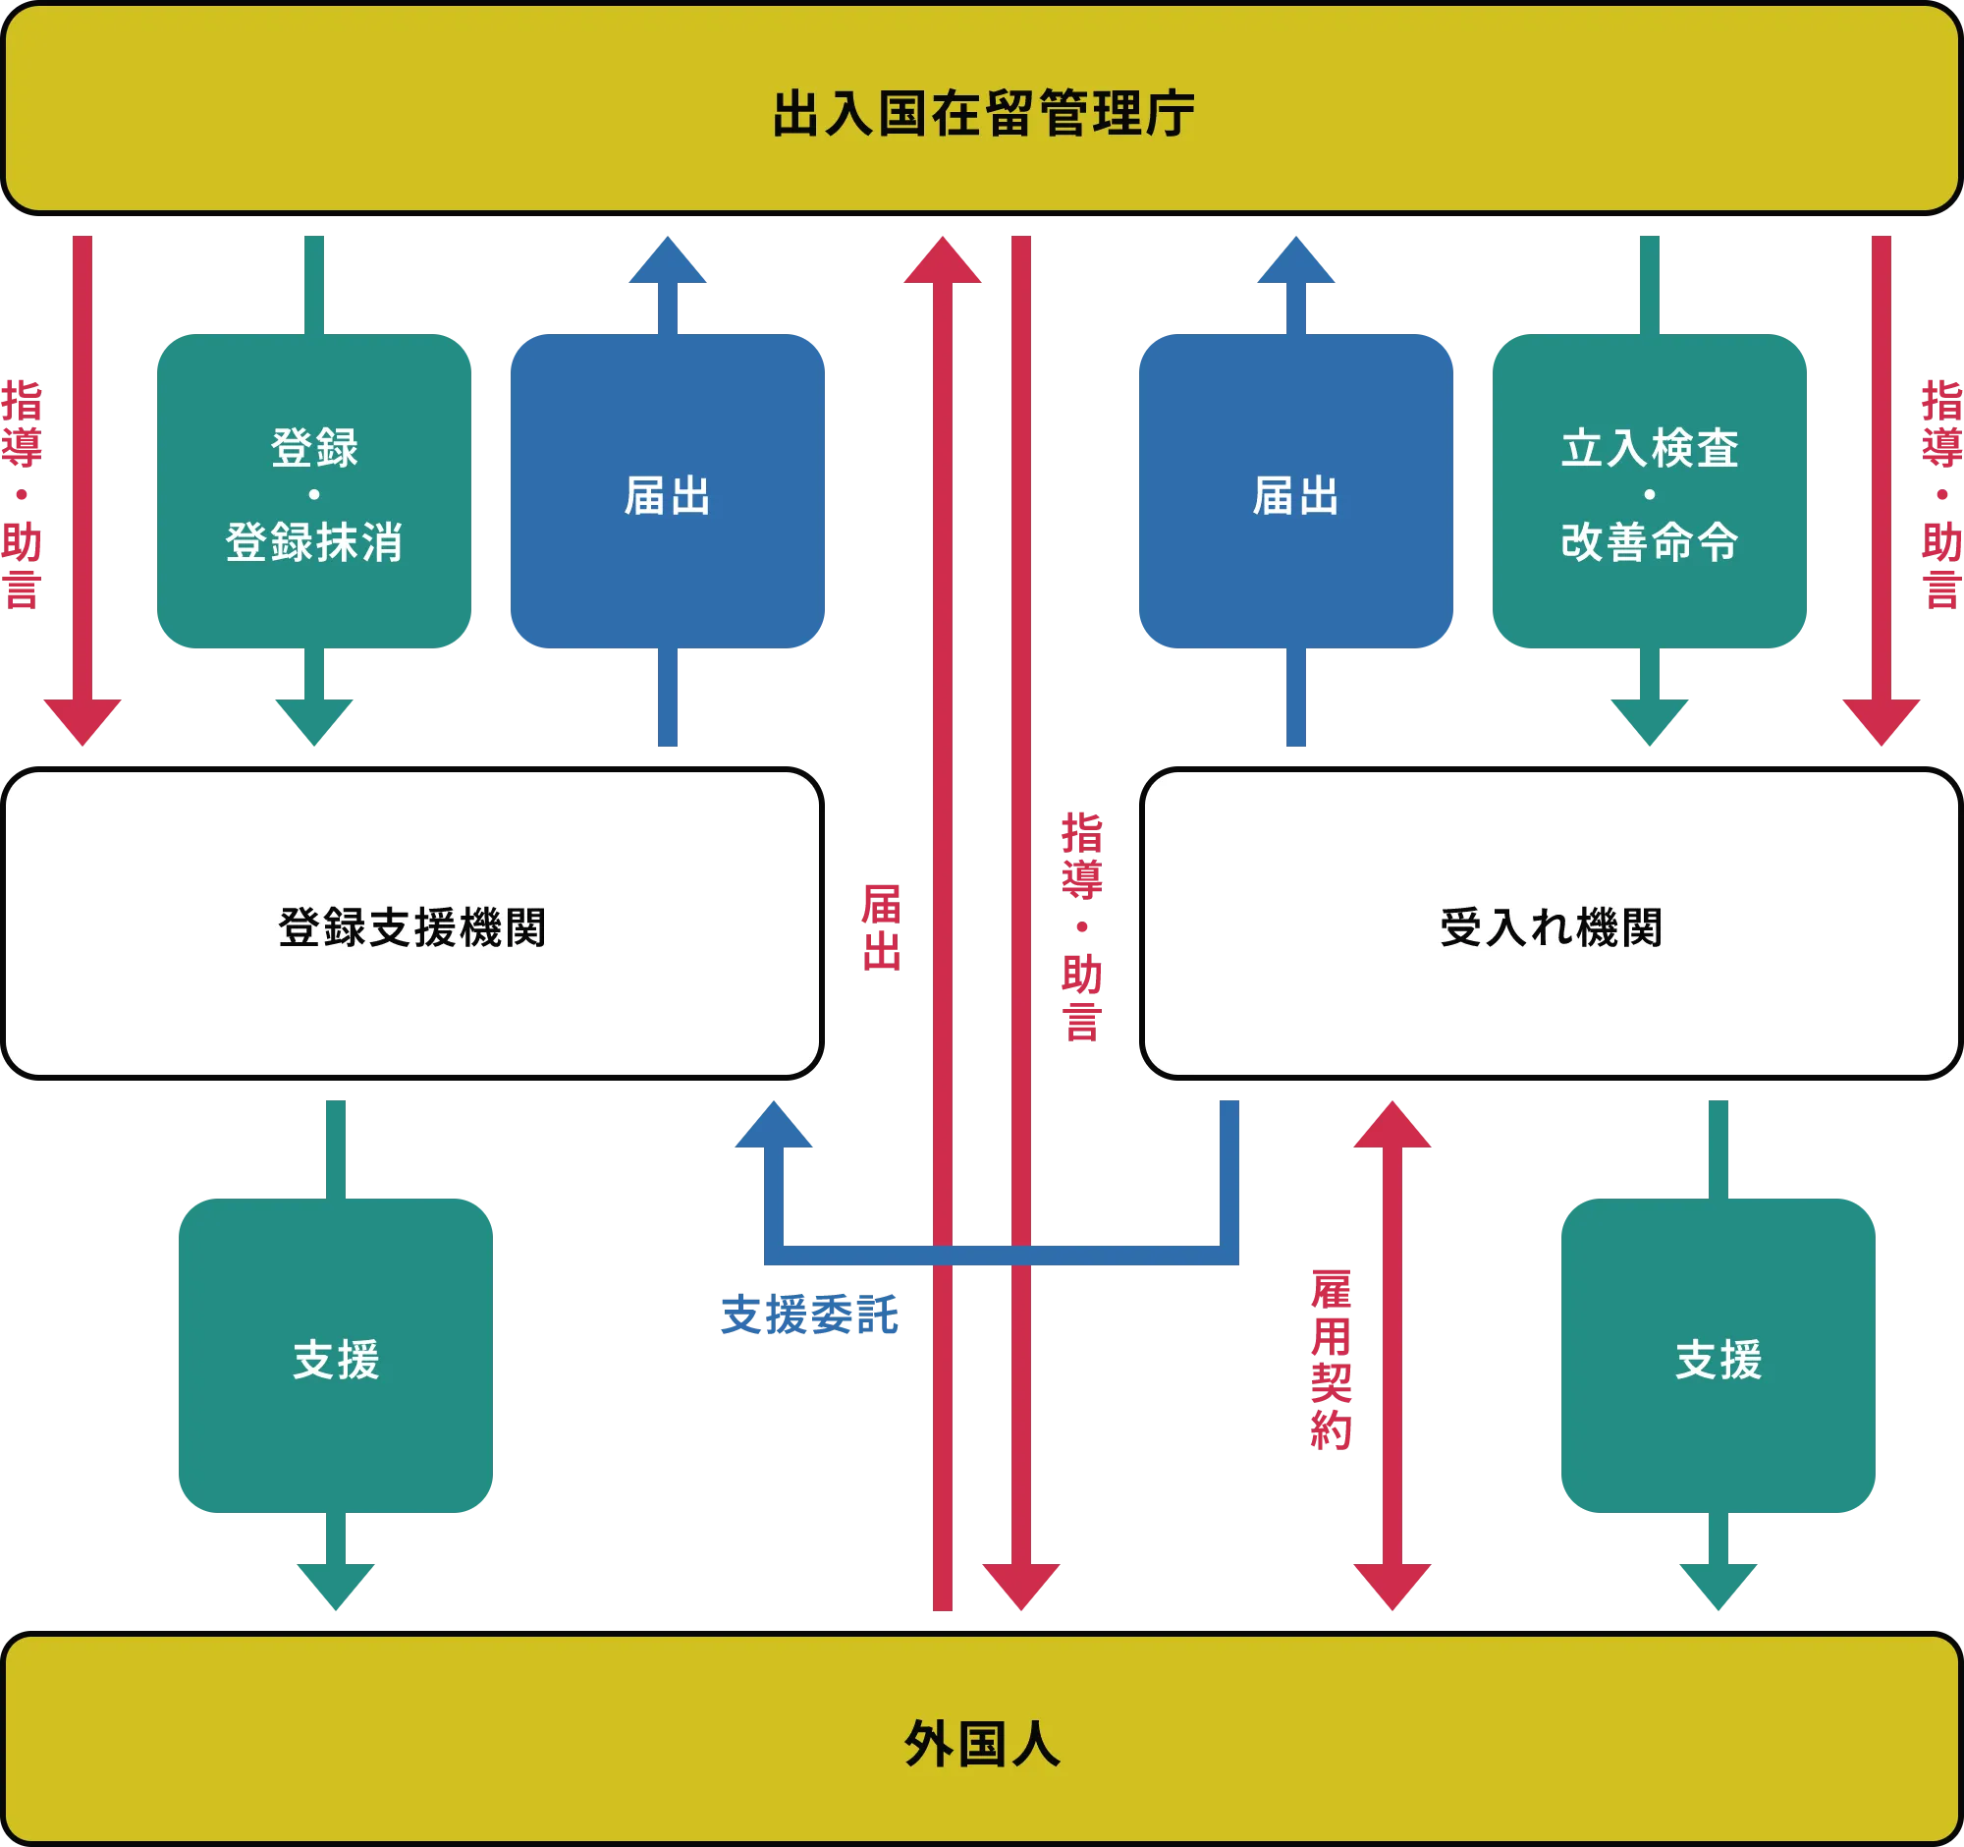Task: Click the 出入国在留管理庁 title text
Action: click(983, 114)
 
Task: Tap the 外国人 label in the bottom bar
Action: click(983, 1744)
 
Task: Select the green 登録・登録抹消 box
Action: click(314, 491)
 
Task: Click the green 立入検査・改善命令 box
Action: click(1649, 491)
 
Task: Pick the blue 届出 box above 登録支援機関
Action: click(668, 491)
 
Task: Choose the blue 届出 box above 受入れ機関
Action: click(1296, 491)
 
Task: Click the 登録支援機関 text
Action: click(412, 928)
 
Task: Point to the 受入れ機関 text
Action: click(1551, 928)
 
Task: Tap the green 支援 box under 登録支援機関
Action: click(336, 1356)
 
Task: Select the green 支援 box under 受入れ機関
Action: click(1718, 1356)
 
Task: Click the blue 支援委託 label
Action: click(810, 1315)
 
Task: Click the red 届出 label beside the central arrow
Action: click(881, 928)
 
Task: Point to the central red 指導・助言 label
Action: click(1082, 928)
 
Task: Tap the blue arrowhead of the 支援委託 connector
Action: click(774, 1125)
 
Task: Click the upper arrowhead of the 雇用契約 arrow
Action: click(1392, 1125)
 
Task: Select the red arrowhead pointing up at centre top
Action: click(943, 260)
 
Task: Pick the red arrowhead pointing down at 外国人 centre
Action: click(1021, 1587)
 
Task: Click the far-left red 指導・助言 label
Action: click(22, 494)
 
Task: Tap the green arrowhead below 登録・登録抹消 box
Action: click(314, 722)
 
